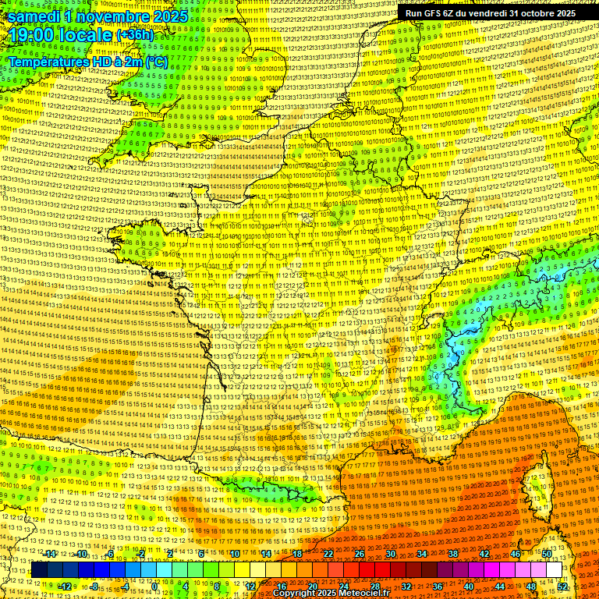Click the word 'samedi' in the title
pos(31,16)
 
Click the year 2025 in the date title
pos(165,16)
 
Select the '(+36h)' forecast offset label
pos(135,35)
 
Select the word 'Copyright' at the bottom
pos(294,594)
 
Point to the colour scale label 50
pos(547,554)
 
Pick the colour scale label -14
pos(51,554)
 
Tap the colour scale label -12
pos(66,587)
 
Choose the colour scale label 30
pos(391,554)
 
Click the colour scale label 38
pos(453,554)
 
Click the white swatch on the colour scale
pos(555,570)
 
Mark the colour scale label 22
pos(328,554)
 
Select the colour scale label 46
pos(516,554)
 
